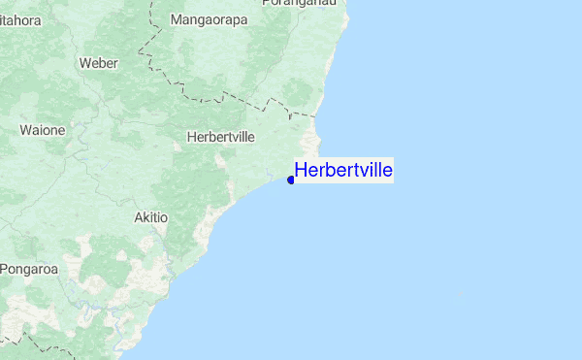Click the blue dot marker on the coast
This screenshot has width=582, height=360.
(x=291, y=180)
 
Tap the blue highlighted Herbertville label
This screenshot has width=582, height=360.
(x=343, y=171)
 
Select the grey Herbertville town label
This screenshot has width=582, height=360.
(x=220, y=137)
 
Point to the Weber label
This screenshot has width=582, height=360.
(x=98, y=63)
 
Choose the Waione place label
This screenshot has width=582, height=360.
(x=43, y=129)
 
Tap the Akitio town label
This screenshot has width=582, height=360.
(x=150, y=218)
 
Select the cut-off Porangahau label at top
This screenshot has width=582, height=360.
(x=305, y=4)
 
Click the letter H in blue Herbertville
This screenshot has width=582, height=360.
(x=302, y=171)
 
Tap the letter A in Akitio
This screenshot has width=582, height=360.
(x=139, y=218)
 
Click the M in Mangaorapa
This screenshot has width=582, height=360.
(x=176, y=19)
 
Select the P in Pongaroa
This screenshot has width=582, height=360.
(x=5, y=268)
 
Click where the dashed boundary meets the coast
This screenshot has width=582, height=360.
(x=316, y=115)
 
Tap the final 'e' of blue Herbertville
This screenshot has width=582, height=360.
(x=387, y=171)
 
